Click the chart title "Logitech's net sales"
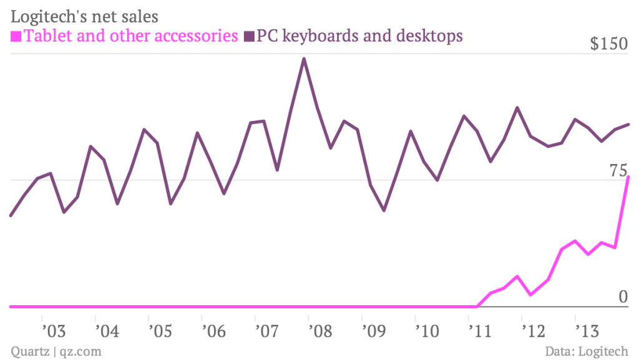coord(84,13)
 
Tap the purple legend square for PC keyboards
coord(249,36)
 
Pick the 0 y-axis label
coord(623,298)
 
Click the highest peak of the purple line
coord(304,59)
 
